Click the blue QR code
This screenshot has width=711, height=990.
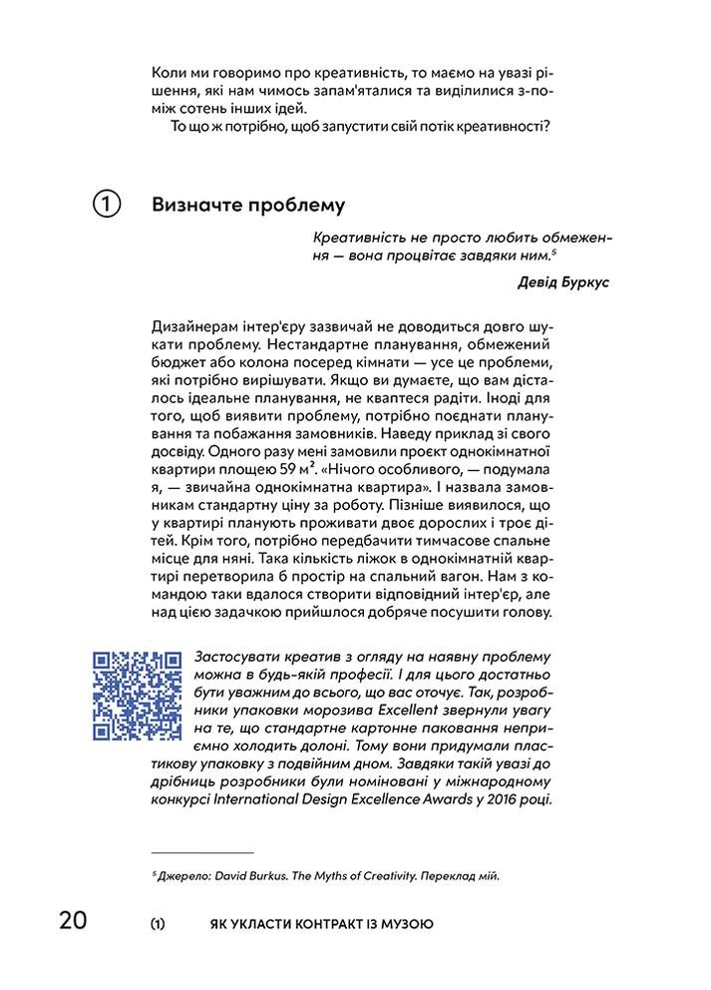tap(137, 695)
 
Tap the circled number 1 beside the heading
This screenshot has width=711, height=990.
tap(107, 205)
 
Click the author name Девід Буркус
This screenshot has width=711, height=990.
tap(563, 282)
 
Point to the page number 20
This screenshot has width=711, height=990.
tap(73, 923)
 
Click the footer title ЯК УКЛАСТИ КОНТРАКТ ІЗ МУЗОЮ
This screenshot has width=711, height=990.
tap(315, 924)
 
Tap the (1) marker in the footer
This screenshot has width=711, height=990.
tap(158, 924)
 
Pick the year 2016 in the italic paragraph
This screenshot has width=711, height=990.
tap(531, 799)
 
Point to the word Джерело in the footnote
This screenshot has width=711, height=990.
tap(179, 876)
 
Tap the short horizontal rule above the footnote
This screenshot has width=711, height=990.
tap(202, 853)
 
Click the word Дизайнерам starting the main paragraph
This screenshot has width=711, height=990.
tap(198, 328)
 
